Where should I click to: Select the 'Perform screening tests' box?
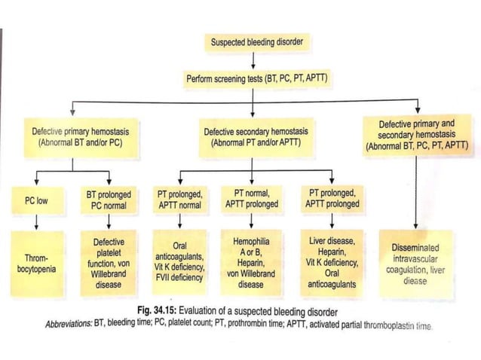[256, 78]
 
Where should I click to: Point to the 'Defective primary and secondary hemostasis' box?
[416, 135]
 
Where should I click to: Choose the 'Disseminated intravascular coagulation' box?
[416, 263]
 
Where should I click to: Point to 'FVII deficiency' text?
[179, 276]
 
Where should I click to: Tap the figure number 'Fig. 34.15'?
[162, 311]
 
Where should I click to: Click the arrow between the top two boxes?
[256, 60]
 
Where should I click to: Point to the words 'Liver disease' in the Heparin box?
[332, 242]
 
